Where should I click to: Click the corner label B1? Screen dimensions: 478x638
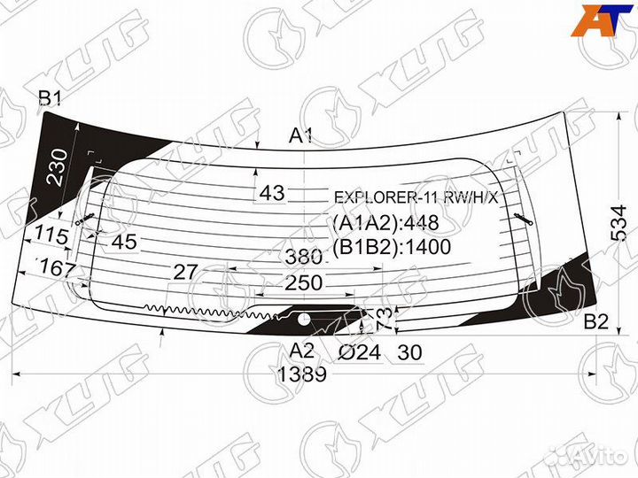pos(50,97)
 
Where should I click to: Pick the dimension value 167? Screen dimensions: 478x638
pos(58,267)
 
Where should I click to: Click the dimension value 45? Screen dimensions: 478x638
pos(126,241)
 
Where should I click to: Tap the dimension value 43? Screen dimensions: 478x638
pos(273,193)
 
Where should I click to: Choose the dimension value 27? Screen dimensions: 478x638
pos(183,272)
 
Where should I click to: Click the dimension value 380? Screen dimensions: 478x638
pos(303,257)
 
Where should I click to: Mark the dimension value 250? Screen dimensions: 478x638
pos(304,283)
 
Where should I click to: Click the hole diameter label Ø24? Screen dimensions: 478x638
pos(360,352)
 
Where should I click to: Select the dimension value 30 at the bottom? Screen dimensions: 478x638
pos(409,352)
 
